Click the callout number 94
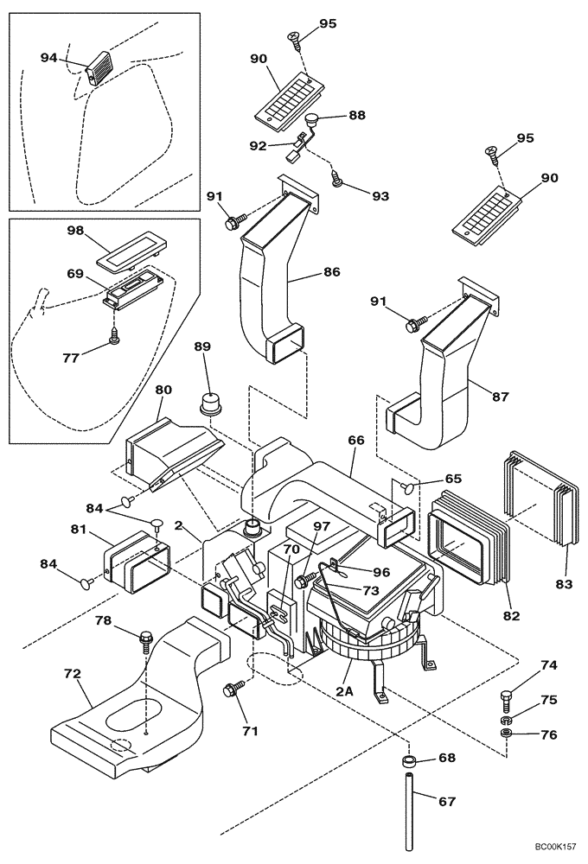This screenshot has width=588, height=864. pyautogui.click(x=48, y=57)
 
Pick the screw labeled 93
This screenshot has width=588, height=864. pyautogui.click(x=337, y=179)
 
